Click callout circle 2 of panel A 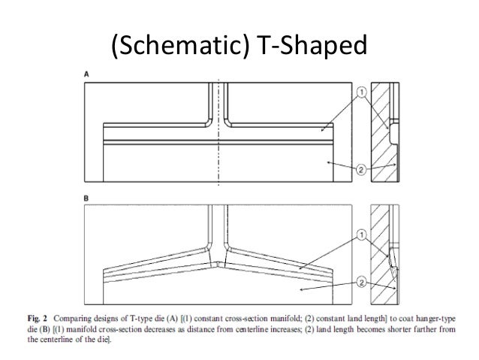360,171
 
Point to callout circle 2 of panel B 360,284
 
